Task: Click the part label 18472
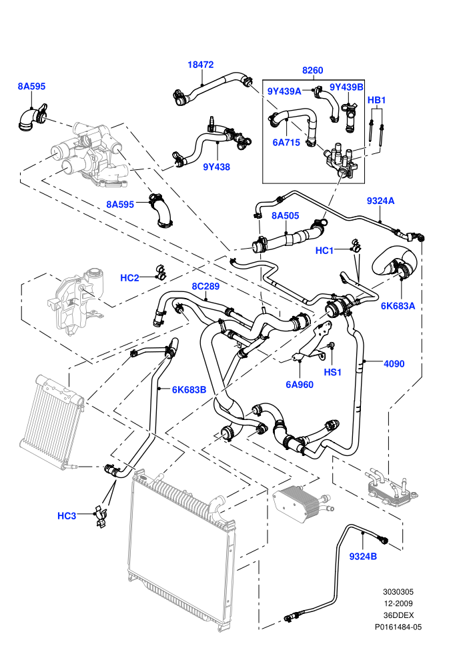[200, 65]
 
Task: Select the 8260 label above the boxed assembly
[312, 70]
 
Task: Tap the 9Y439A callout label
[284, 91]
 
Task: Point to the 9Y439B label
[346, 87]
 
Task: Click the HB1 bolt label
[376, 100]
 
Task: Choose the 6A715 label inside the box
[286, 142]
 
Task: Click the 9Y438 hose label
[216, 167]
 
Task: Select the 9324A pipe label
[380, 201]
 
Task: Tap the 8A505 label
[285, 216]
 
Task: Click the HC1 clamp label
[324, 251]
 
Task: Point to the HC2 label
[129, 278]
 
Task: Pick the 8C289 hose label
[205, 287]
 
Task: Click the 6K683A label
[398, 306]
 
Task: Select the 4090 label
[394, 364]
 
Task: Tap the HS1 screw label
[332, 373]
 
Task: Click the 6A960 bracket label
[300, 385]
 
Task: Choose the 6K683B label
[189, 390]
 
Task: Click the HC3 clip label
[67, 516]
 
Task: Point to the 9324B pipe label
[363, 557]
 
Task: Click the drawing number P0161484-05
[398, 627]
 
